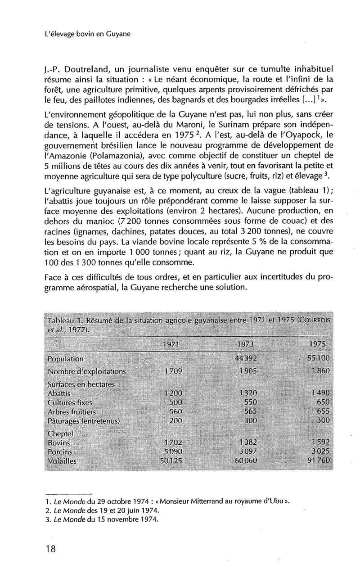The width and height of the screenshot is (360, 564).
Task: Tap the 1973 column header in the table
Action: point(245,344)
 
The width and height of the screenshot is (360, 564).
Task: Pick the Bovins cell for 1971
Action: point(171,442)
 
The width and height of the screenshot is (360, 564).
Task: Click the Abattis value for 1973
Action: point(246,393)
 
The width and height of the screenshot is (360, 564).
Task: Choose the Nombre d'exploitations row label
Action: point(87,371)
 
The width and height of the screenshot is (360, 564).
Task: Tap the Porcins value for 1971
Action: point(171,451)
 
